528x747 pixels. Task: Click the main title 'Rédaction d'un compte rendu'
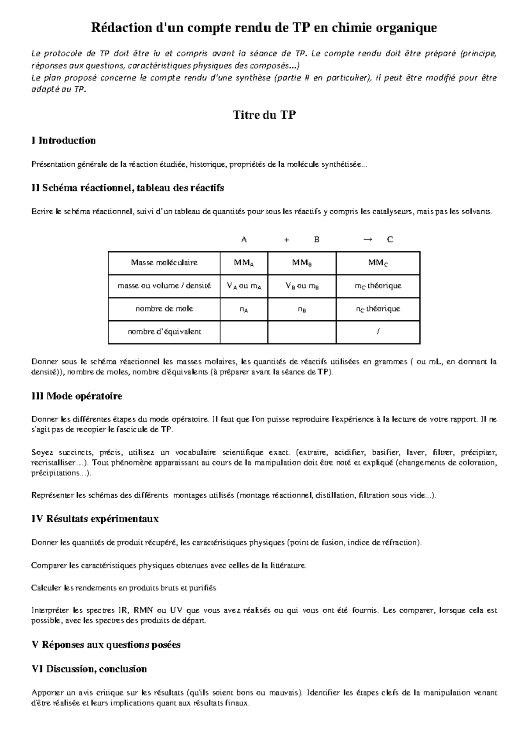264,28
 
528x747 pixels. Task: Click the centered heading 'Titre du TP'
264,115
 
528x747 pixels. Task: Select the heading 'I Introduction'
63,141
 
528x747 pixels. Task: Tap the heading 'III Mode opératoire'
77,396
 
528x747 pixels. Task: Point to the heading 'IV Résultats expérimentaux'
95,519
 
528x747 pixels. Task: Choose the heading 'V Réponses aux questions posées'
106,644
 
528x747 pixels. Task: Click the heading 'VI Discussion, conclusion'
89,669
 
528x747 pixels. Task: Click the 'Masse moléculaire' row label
164,263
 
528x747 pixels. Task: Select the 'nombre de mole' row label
164,309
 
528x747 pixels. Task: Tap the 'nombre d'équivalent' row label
164,332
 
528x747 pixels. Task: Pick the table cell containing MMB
302,263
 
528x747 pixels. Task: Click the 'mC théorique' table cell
378,286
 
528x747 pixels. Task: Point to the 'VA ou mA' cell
244,286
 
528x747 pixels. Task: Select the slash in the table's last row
378,332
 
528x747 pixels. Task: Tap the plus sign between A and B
286,240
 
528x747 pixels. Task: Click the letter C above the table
390,240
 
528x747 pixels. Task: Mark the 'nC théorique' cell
378,309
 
